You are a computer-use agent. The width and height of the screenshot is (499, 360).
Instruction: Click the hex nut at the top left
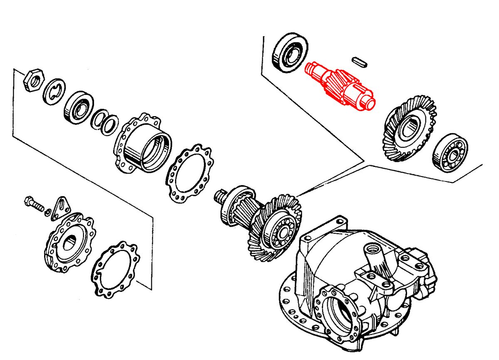pyautogui.click(x=32, y=80)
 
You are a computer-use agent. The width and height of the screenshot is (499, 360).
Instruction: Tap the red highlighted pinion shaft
pyautogui.click(x=339, y=85)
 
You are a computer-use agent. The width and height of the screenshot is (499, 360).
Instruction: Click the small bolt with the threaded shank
pyautogui.click(x=34, y=204)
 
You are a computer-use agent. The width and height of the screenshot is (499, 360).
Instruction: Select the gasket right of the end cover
pyautogui.click(x=116, y=270)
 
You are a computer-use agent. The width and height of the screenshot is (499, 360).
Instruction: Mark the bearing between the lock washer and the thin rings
pyautogui.click(x=78, y=108)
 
